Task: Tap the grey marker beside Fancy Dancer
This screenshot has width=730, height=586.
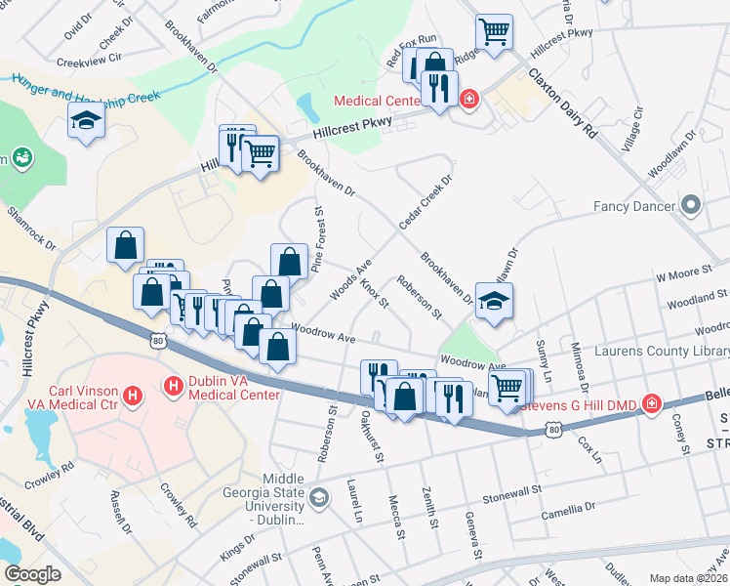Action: [692, 205]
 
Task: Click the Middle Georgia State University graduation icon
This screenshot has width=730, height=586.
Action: [319, 500]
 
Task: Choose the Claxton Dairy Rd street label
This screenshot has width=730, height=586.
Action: [562, 102]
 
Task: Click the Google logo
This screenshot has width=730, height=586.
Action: [32, 574]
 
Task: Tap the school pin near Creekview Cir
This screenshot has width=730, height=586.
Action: [86, 122]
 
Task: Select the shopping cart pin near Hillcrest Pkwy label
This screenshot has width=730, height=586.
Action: [495, 31]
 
